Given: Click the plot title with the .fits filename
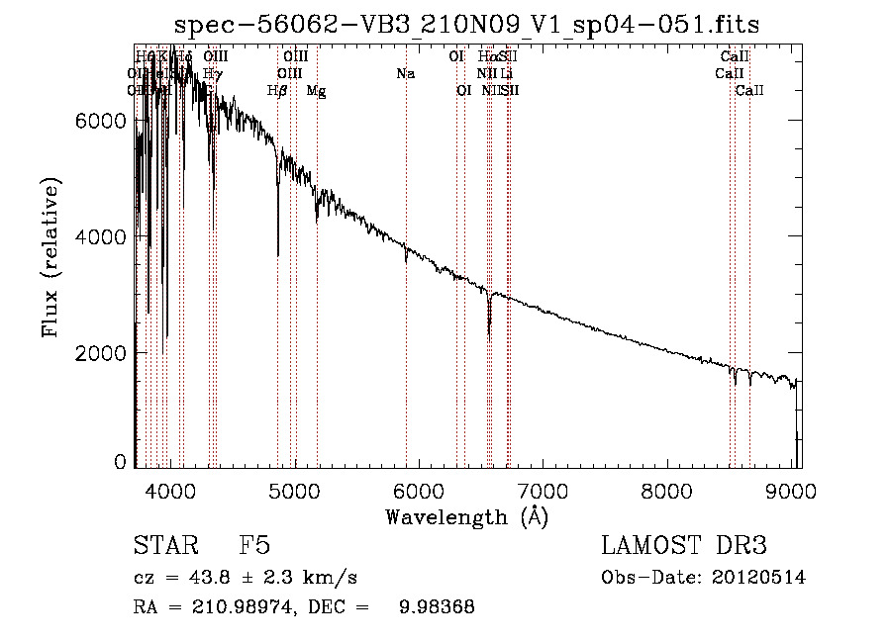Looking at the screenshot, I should click(x=467, y=25).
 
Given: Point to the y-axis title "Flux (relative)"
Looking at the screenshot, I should click(x=50, y=259).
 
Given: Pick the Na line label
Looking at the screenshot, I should click(x=405, y=74).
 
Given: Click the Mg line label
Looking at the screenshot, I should click(x=317, y=90).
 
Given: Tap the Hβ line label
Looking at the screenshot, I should click(x=278, y=90).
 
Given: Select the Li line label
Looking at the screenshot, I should click(x=506, y=74).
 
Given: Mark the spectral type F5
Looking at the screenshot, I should click(x=254, y=547).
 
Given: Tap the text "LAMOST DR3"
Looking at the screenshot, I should click(x=684, y=547).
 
